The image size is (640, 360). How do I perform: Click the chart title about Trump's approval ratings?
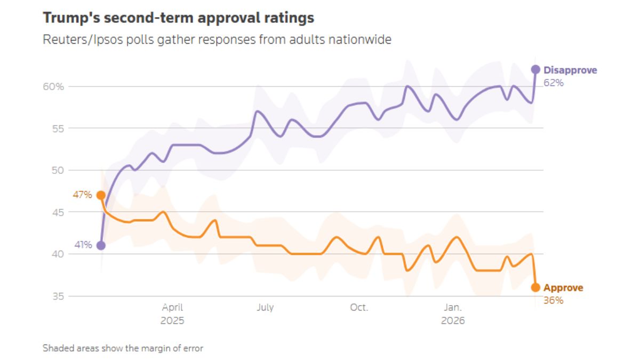pyautogui.click(x=178, y=18)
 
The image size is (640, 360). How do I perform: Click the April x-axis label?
pyautogui.click(x=172, y=308)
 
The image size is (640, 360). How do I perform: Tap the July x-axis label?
pyautogui.click(x=265, y=308)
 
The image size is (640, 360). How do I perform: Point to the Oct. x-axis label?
pyautogui.click(x=359, y=308)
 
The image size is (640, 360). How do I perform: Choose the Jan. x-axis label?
pyautogui.click(x=453, y=308)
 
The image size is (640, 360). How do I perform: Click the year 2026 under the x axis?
pyautogui.click(x=453, y=321)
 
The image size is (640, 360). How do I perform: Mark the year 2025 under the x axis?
pyautogui.click(x=172, y=321)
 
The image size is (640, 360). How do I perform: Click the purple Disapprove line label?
pyautogui.click(x=570, y=70)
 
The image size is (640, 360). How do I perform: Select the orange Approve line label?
pyautogui.click(x=563, y=288)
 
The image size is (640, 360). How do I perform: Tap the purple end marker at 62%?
pyautogui.click(x=535, y=69)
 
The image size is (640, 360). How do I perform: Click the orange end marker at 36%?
pyautogui.click(x=535, y=287)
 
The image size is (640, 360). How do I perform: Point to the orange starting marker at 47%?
pyautogui.click(x=101, y=195)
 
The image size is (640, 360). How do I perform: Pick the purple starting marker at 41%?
pyautogui.click(x=101, y=245)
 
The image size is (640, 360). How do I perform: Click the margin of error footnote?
pyautogui.click(x=123, y=348)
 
